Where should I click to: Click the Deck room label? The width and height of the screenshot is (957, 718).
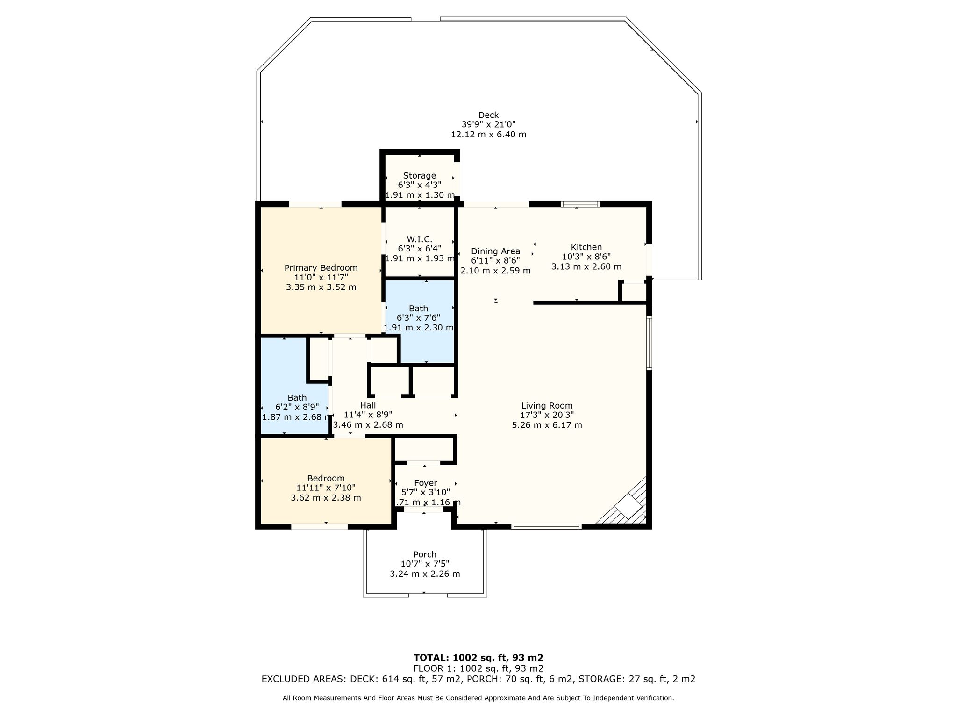pos(488,115)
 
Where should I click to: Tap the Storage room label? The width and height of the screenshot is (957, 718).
pos(419,176)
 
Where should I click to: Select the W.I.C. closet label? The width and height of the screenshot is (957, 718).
pos(419,239)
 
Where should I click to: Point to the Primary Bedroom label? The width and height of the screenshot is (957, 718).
pos(321,268)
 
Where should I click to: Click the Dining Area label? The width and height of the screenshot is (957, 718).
pos(495,251)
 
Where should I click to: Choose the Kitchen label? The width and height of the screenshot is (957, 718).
pos(586,247)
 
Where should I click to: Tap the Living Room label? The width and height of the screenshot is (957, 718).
pos(547,406)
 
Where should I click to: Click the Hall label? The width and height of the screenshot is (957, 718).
pos(368,405)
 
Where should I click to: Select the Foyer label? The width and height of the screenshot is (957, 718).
pos(426,483)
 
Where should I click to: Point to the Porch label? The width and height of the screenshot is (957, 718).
pos(425,555)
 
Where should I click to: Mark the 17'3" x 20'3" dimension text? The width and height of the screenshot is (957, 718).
pos(547,415)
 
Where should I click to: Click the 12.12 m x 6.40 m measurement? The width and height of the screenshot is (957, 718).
pos(488,135)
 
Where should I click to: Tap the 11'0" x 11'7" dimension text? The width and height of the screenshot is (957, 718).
pos(321,277)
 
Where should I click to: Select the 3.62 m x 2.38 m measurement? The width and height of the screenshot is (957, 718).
pos(326,498)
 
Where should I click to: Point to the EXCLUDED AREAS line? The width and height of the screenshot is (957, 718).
pos(478,679)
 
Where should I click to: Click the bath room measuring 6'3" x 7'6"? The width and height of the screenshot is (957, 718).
pos(419,321)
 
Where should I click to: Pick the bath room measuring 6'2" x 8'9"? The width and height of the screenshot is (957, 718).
pos(295,387)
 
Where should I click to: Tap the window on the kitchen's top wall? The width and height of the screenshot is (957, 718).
pos(580,204)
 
